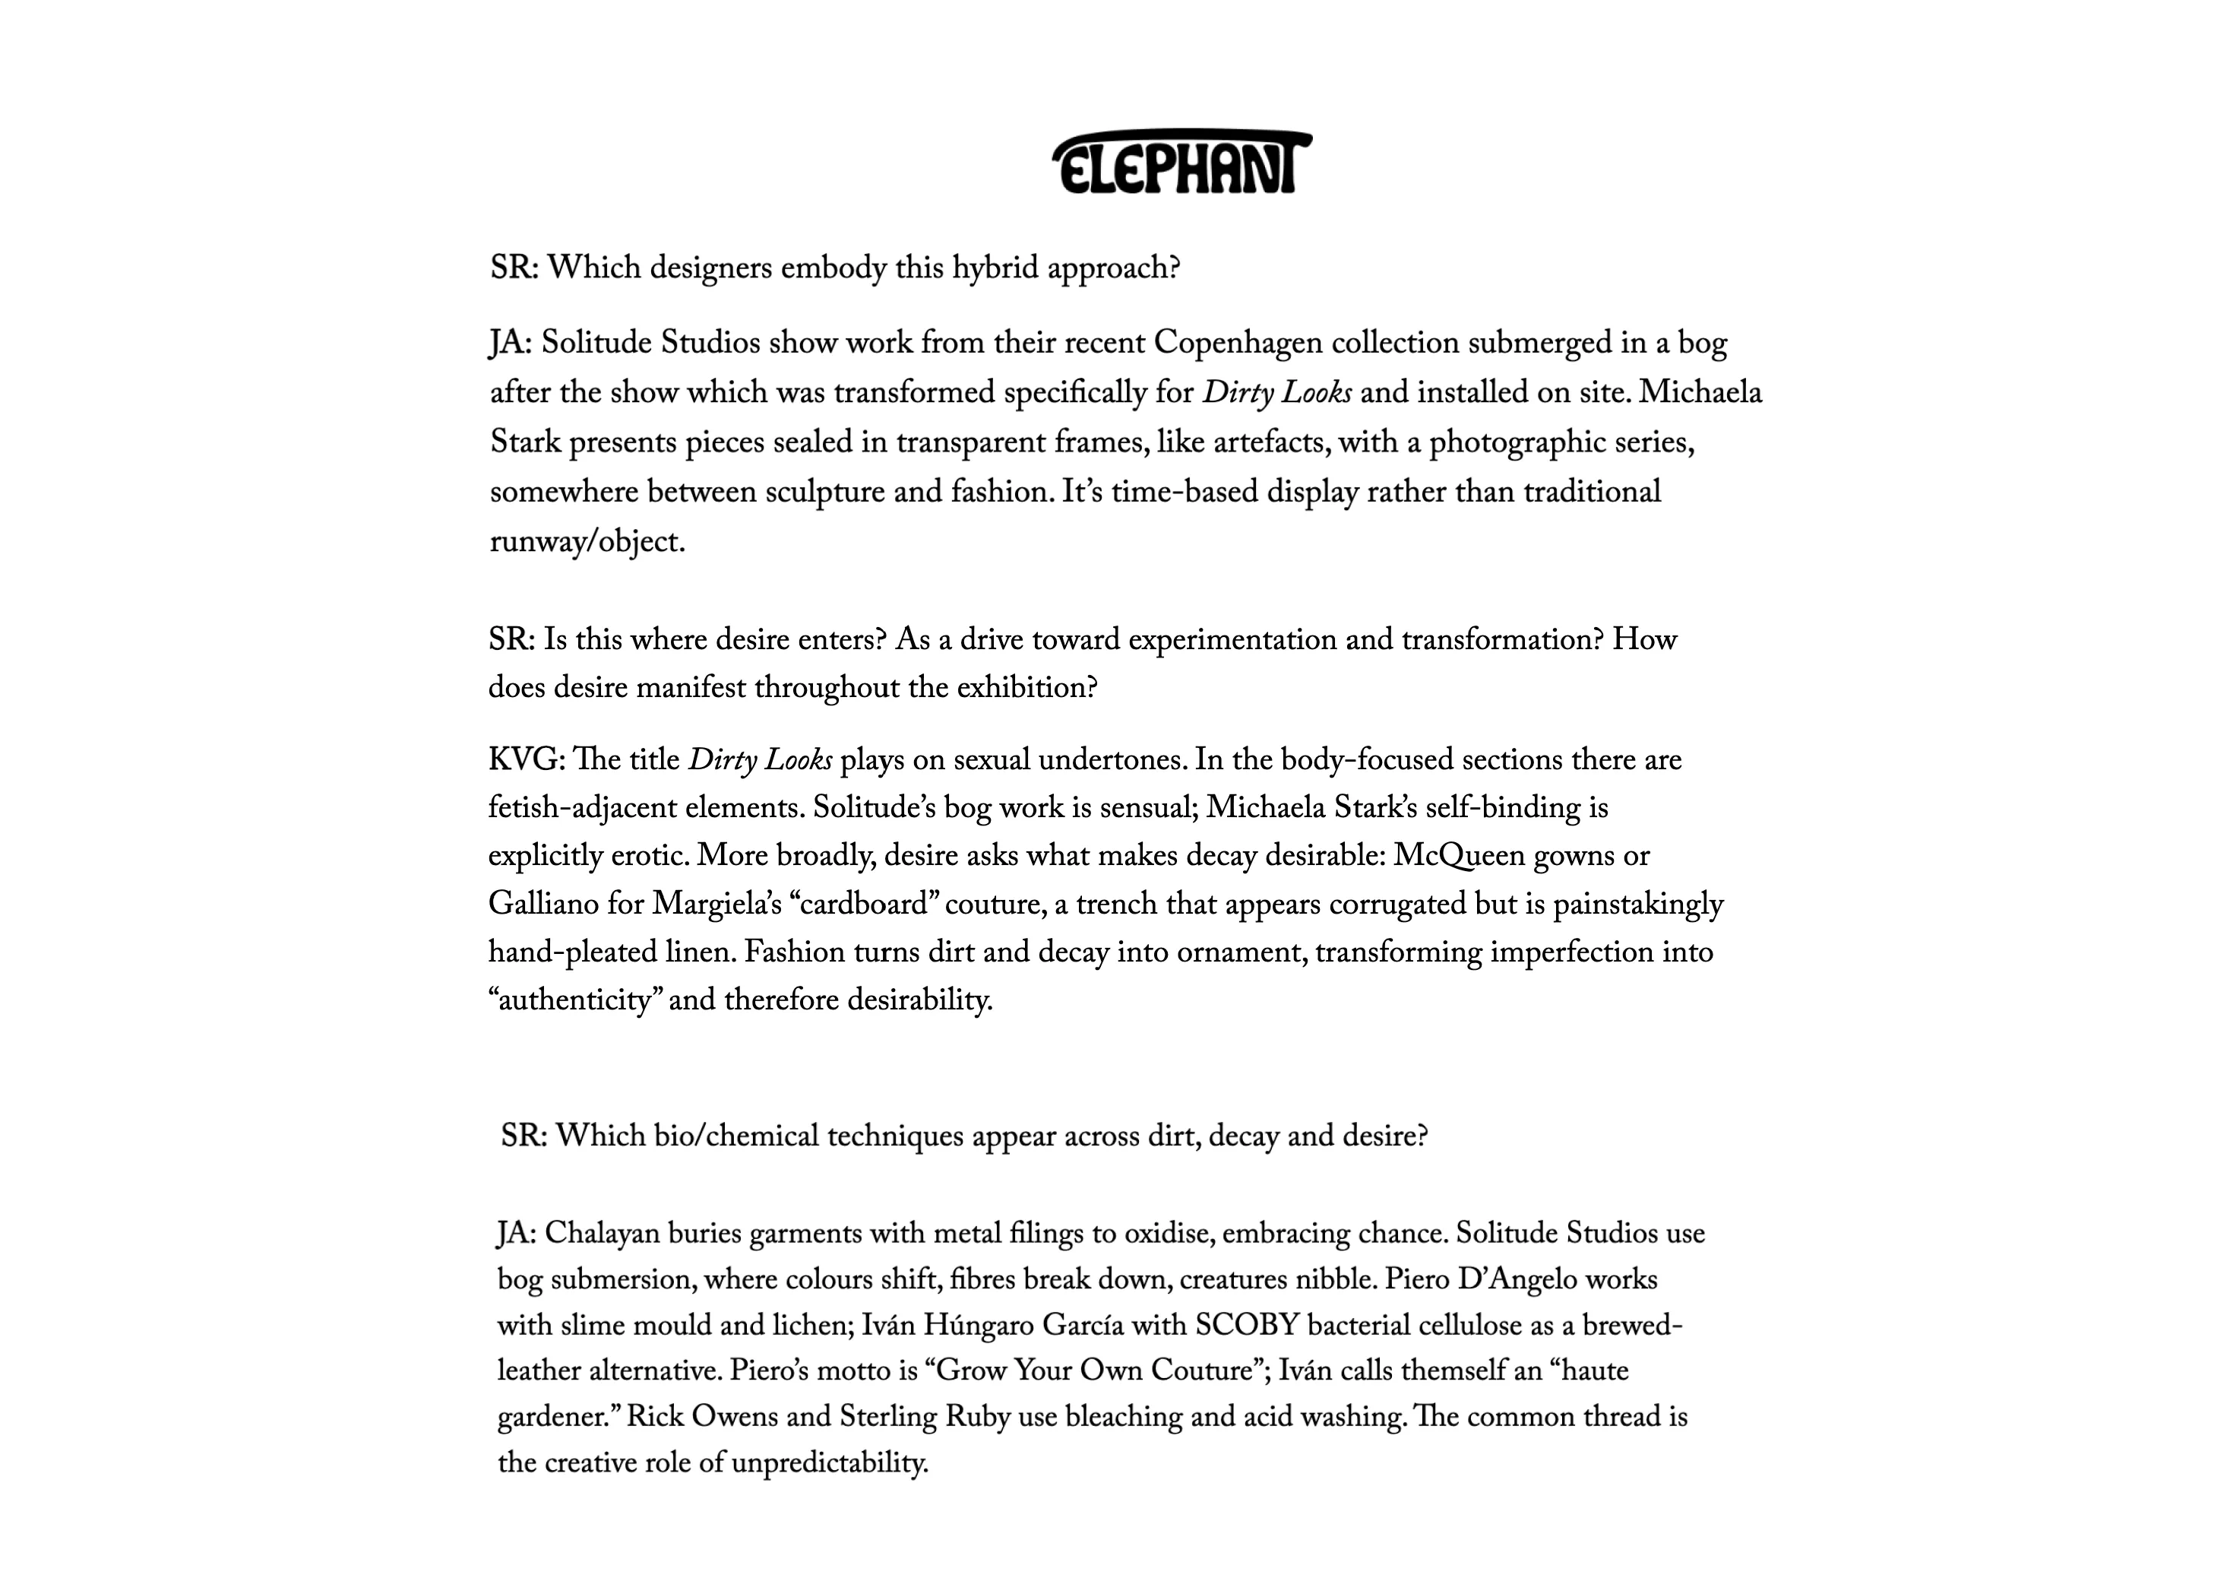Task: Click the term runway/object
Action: click(x=587, y=542)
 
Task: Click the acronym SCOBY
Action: click(x=1247, y=1326)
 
